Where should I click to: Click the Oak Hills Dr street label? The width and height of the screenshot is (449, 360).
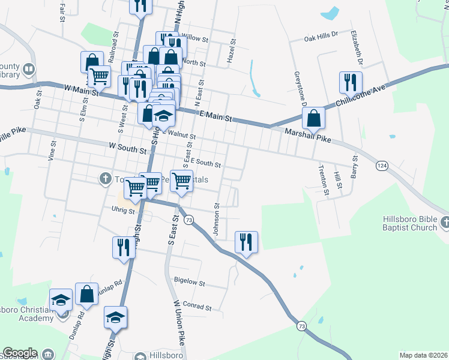pos(322,37)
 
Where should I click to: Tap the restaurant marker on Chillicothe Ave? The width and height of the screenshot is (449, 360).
pos(350,83)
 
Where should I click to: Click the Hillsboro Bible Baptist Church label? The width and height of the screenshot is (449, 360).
pos(411,223)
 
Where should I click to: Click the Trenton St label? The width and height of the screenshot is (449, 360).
pos(324,180)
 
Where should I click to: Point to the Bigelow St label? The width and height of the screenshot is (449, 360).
pos(189,282)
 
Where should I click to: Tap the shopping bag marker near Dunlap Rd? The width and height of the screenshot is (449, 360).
pos(86,294)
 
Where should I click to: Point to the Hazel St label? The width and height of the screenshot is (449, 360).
pos(231,52)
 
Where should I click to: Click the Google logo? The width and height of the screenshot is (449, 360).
pos(20,353)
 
